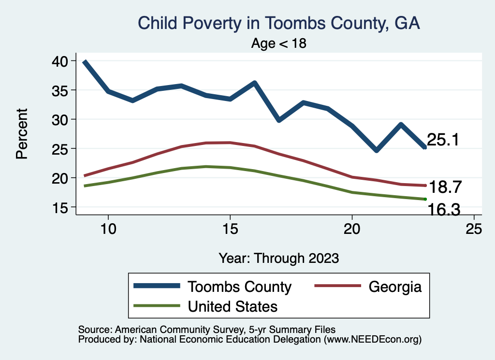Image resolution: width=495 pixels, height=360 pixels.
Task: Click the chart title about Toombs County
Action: click(279, 23)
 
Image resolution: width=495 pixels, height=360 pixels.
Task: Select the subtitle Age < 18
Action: click(279, 43)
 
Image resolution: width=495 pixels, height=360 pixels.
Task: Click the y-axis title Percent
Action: click(21, 134)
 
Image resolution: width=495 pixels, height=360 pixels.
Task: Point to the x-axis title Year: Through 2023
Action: click(279, 258)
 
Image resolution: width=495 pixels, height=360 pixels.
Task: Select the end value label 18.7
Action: click(445, 187)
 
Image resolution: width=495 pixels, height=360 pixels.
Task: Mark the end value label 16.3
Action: click(442, 210)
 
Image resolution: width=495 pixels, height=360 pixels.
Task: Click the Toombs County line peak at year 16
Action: click(254, 83)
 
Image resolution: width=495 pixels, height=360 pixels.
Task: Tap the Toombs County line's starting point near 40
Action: click(85, 62)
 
